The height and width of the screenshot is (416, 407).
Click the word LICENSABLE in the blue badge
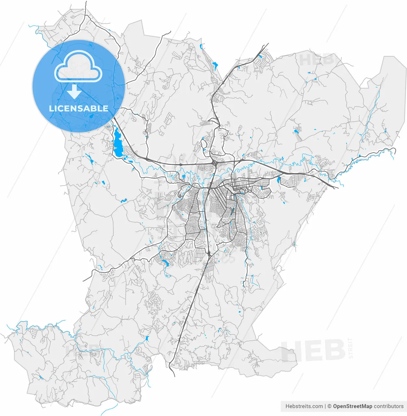tap(79, 109)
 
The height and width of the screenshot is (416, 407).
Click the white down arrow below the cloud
tap(74, 92)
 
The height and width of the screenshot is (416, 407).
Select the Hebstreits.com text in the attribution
tap(304, 406)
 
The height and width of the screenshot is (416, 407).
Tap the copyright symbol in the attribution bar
tap(329, 406)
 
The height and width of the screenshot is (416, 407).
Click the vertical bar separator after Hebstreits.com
tap(325, 406)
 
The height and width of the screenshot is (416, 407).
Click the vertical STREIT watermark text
tap(350, 348)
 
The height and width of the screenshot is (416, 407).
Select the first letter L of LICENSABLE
tap(51, 109)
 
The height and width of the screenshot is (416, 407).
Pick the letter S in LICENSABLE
tap(81, 109)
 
